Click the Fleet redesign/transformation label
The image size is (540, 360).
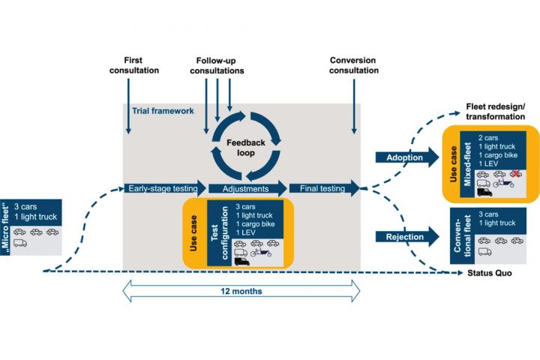click(x=496, y=111)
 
